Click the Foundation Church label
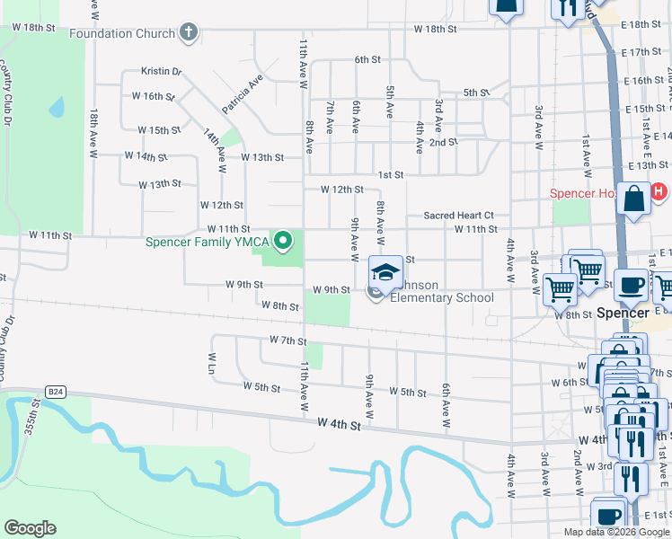coord(122,34)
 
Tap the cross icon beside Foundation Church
coord(188,34)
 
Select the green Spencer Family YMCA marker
coord(284,240)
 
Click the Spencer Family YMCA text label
coord(210,241)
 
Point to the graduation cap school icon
coord(385,272)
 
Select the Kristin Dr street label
coord(162,71)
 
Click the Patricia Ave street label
coord(243,93)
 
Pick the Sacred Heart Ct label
coord(459,216)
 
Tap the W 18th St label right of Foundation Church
coord(436,30)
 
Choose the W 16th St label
coord(152,96)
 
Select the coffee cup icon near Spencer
coord(632,284)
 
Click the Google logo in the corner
coord(30,528)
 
